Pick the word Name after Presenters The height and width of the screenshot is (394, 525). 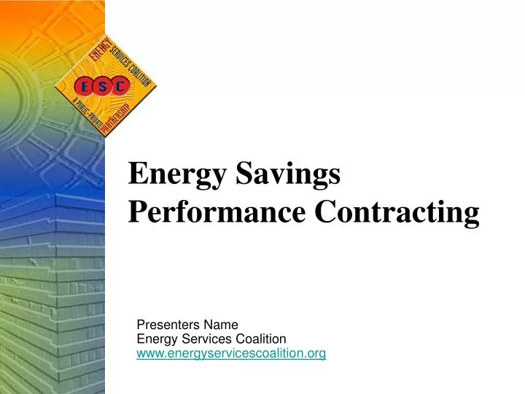click(x=219, y=325)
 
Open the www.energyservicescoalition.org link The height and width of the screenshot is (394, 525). click(x=231, y=354)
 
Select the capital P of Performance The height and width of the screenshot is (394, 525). click(x=137, y=212)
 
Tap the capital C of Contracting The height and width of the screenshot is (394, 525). click(x=324, y=212)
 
